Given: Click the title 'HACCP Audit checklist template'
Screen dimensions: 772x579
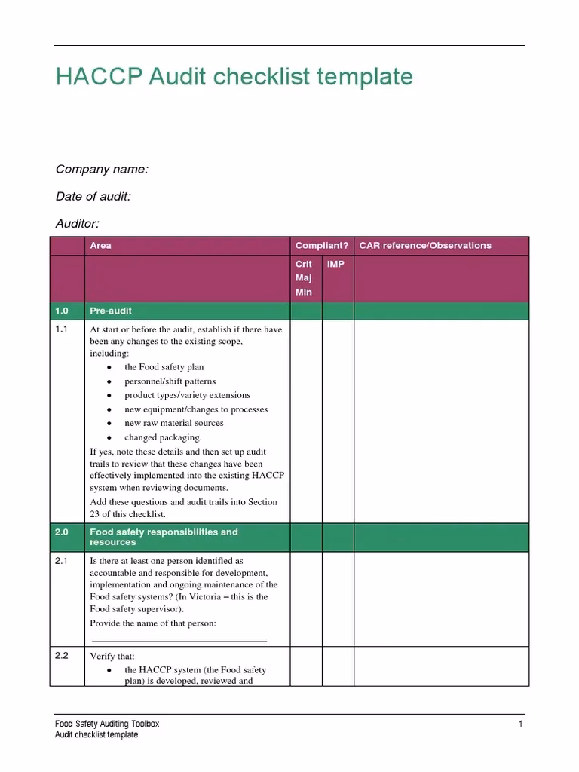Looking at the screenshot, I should pos(234,77).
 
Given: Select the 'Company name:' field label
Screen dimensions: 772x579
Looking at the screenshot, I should pos(102,170).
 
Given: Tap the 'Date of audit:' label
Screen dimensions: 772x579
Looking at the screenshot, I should pos(93,196).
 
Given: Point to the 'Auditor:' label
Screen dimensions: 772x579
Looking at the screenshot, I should pos(78,223).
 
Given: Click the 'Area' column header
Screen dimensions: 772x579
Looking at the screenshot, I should pos(100,245).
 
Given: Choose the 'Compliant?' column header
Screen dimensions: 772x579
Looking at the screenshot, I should pos(322,245).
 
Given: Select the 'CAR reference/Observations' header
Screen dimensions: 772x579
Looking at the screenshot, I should pos(425,245).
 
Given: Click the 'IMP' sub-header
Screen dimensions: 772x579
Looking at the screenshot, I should pos(335,265).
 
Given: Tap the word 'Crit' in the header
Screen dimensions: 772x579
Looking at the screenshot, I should pos(304,265).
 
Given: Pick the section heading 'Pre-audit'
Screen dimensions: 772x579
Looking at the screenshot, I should pos(111,311).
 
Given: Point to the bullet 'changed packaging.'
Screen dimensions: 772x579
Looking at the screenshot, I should pos(163,437).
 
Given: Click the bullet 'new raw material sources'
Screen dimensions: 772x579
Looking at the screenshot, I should pos(173,423).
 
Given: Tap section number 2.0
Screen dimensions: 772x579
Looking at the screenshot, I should pos(62,532).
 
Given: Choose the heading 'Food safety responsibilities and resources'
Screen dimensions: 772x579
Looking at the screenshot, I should pos(164,537).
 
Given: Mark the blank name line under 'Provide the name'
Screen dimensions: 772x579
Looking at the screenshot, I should pos(179,641).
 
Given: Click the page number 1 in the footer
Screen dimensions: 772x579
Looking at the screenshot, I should pos(520,724).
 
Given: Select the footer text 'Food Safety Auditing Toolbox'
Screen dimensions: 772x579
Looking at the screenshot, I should pos(108,724).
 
